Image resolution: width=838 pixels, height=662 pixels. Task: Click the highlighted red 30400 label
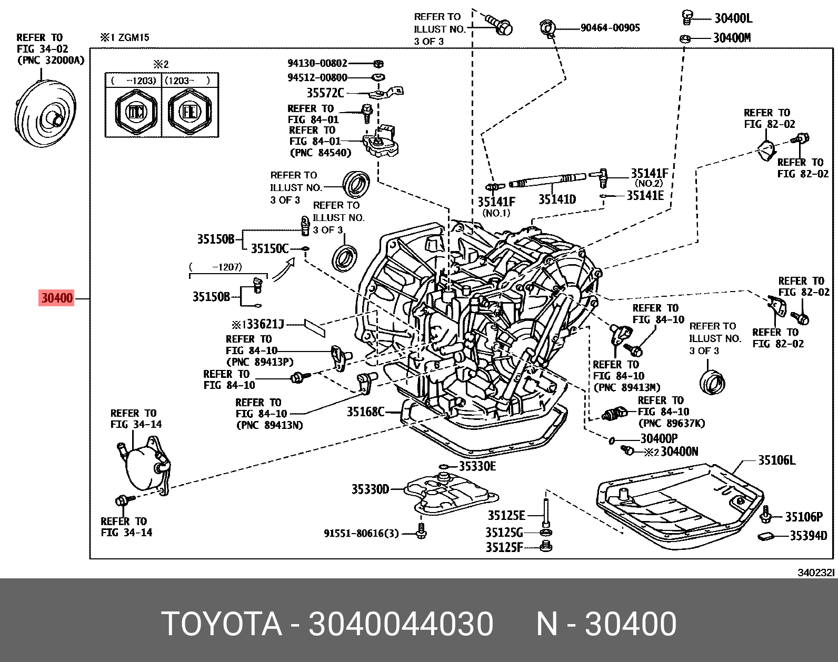[57, 298]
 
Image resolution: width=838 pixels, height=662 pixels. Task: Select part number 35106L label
[776, 460]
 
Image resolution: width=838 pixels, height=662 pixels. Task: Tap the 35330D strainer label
[370, 489]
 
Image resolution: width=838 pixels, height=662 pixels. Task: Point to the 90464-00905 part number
[610, 28]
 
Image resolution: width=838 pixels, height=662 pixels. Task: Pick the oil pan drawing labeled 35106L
[679, 505]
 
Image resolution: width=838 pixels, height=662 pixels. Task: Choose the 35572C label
[325, 93]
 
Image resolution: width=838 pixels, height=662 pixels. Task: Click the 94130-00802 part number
[317, 63]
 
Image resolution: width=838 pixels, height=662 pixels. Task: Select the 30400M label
[732, 38]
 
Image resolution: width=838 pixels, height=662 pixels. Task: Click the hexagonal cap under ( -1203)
[136, 112]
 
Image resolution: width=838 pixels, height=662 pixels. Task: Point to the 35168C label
[365, 412]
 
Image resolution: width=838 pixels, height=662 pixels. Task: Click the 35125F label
[504, 548]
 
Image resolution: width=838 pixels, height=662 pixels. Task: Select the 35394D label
[808, 536]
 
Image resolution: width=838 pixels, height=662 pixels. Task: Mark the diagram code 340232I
[816, 573]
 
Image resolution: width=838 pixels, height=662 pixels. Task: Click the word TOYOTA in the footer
[222, 624]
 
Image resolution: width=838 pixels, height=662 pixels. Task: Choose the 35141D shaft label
[557, 199]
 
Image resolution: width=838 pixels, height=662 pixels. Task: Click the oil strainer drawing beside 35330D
[455, 495]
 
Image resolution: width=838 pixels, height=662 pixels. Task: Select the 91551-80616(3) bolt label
[361, 534]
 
